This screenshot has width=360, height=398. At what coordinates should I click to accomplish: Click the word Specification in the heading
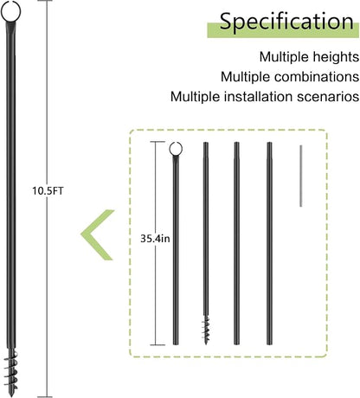[x=286, y=22]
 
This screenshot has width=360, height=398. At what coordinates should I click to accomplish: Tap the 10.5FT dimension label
[x=48, y=191]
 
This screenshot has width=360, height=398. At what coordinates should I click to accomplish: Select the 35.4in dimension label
[x=155, y=239]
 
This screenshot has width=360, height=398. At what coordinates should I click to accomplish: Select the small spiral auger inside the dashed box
[x=206, y=329]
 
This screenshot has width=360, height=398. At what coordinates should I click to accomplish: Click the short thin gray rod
[x=301, y=176]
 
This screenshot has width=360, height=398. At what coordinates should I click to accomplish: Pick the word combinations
[x=317, y=77]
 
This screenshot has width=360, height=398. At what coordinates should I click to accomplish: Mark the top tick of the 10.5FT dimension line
[x=45, y=1]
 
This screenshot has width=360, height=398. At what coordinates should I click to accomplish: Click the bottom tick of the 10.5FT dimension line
[x=45, y=397]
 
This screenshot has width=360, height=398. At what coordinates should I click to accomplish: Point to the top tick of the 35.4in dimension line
[x=157, y=142]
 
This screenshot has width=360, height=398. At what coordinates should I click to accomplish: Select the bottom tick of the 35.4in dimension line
[x=157, y=344]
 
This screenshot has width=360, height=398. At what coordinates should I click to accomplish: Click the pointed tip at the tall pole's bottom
[x=11, y=395]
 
